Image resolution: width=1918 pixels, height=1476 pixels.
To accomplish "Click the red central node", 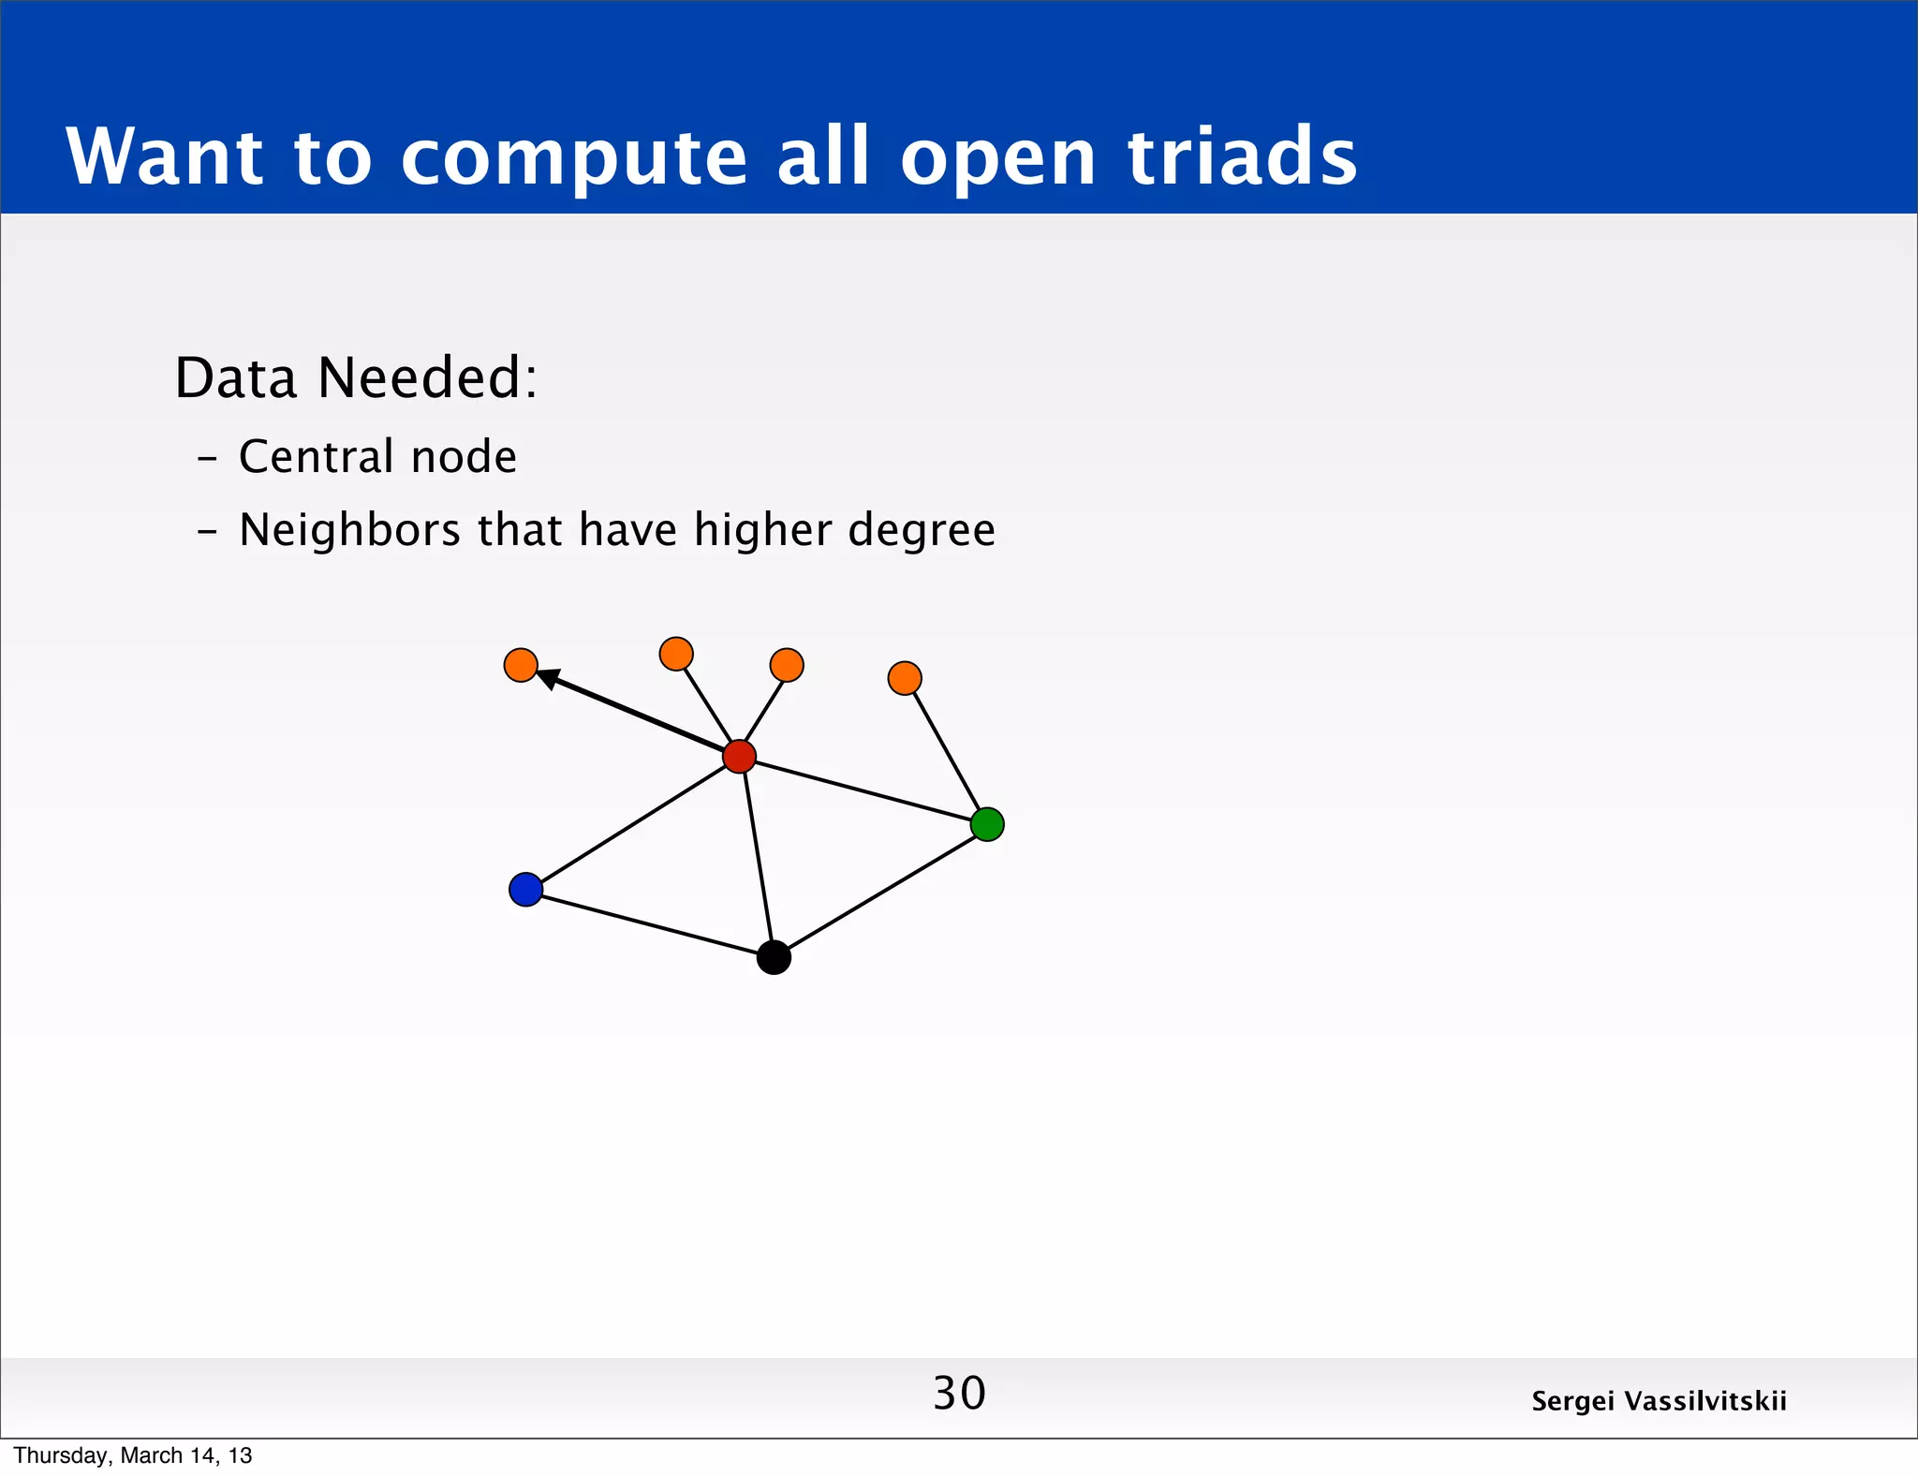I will [739, 756].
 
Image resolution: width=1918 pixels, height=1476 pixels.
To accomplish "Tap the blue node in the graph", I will [525, 889].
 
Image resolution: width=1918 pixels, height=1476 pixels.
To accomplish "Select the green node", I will [987, 824].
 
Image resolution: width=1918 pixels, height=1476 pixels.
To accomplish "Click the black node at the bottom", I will [774, 957].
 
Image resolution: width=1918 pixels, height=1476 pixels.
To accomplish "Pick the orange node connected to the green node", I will [904, 678].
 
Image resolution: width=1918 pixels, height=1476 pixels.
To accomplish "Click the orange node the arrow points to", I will [521, 665].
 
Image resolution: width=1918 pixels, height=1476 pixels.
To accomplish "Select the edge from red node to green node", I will [862, 790].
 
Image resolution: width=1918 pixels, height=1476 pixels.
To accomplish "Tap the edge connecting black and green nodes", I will [880, 891].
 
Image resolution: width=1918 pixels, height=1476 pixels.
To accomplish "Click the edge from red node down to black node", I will [757, 857].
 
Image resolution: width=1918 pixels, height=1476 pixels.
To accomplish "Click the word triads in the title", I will [1242, 156].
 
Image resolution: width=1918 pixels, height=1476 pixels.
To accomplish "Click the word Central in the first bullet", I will [316, 457].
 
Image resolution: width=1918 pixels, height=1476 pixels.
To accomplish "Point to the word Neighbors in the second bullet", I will [349, 531].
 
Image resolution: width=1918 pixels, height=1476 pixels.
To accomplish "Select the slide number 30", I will [959, 1393].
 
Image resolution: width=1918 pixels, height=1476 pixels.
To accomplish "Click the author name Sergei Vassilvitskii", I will [1659, 1401].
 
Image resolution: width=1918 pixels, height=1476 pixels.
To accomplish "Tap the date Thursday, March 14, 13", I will [133, 1455].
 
